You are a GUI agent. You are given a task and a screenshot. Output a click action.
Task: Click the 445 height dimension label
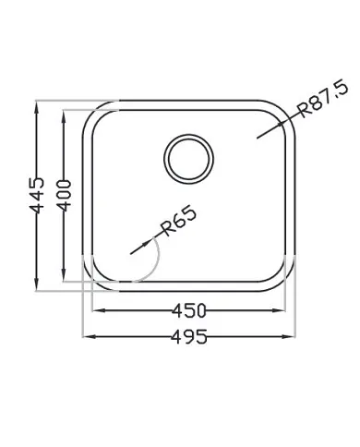[37, 195]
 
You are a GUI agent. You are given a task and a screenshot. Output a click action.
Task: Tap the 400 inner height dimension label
[65, 196]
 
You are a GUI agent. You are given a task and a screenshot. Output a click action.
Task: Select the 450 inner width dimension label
[188, 310]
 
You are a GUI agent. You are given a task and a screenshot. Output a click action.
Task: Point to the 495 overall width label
[189, 336]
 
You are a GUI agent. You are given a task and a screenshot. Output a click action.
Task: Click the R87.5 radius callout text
[324, 98]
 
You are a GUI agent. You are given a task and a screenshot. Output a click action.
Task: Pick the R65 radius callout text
[178, 222]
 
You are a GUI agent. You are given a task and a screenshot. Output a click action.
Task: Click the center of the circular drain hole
[188, 159]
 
